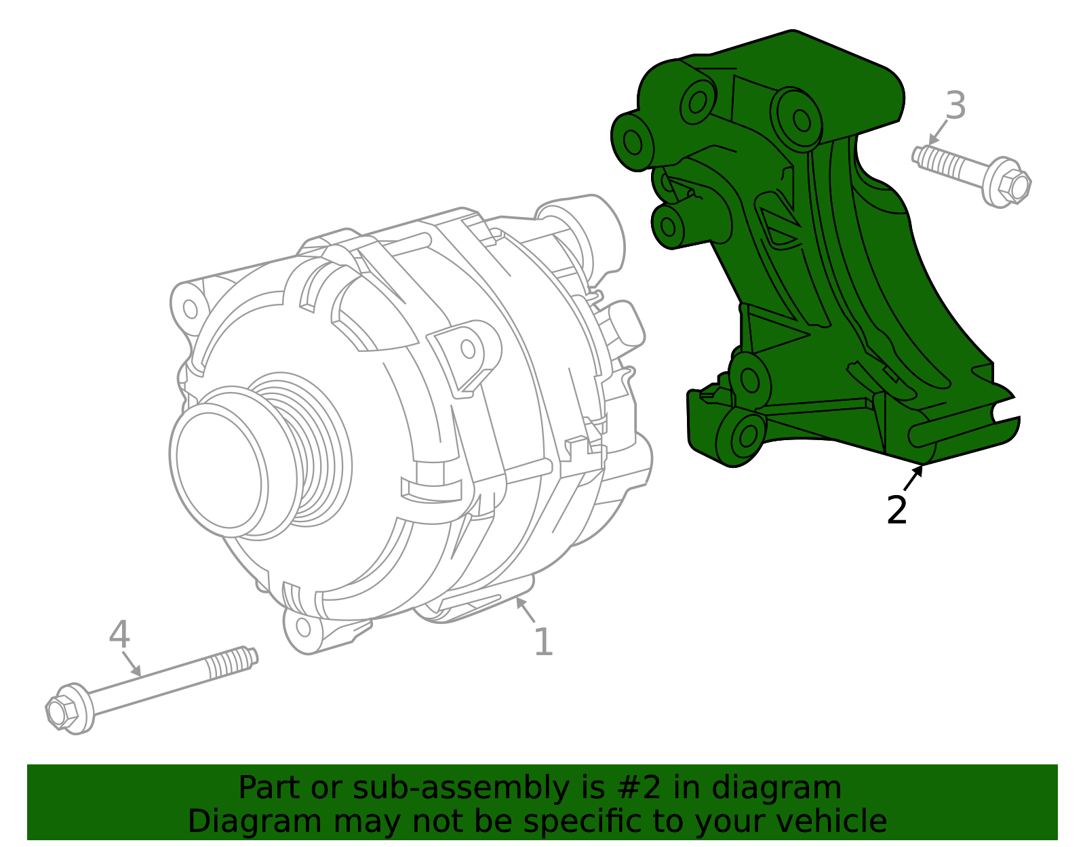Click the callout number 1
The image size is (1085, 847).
coord(543,642)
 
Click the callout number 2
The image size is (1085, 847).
coord(896,509)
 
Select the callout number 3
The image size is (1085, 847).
coord(955,106)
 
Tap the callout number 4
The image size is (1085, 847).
coord(119,634)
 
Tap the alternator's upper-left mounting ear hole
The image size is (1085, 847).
coord(191,309)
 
